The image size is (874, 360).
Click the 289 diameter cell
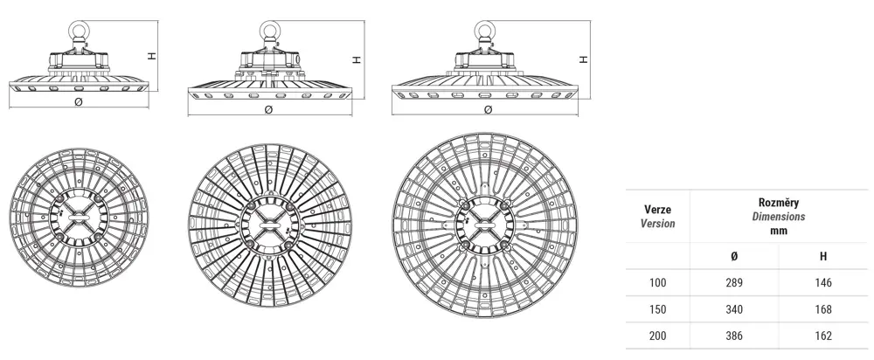coord(734,282)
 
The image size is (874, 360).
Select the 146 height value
coord(822,282)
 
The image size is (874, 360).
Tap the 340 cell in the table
coord(734,309)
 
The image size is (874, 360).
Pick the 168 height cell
coord(822,309)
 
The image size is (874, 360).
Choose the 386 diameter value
coord(734,336)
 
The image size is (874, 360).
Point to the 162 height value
coord(822,336)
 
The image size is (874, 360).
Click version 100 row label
coord(658,282)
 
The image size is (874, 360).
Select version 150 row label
coord(658,309)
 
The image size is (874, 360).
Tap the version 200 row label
coord(658,336)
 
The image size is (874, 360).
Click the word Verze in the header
coord(658,210)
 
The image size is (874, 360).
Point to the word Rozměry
coord(779,203)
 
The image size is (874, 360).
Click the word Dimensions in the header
coord(779,217)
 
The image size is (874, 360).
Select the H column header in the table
coord(823,256)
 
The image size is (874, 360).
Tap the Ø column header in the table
coord(734,256)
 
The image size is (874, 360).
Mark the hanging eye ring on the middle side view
coord(270,30)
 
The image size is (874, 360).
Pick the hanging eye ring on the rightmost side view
coord(482,30)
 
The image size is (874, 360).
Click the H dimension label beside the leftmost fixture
coord(151,56)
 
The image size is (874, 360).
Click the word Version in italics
coord(658,224)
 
